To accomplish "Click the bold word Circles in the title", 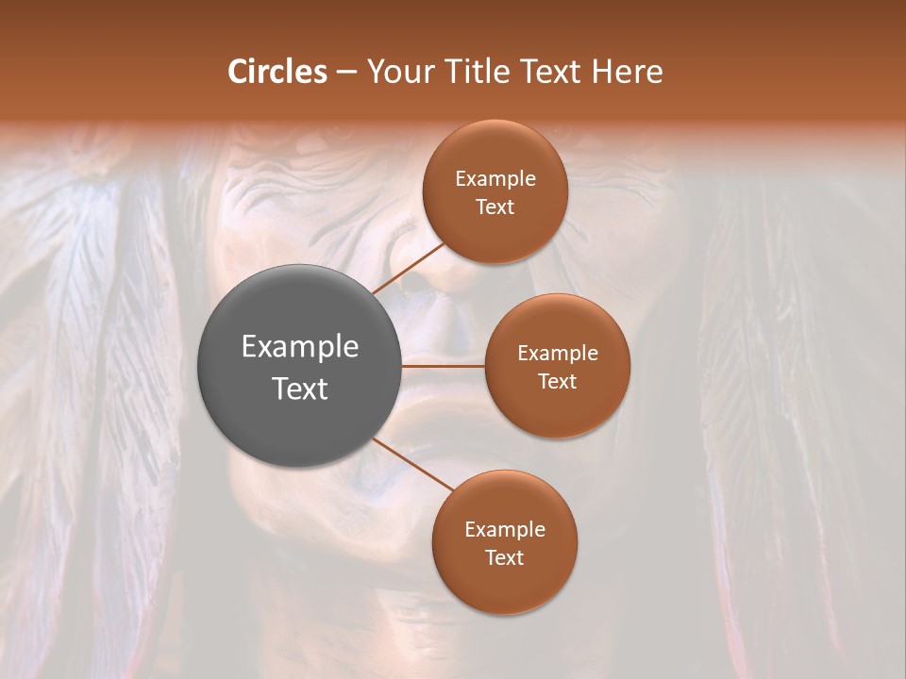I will click(x=277, y=72).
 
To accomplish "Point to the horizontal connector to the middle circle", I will click(x=443, y=366).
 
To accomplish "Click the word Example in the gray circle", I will click(x=299, y=346).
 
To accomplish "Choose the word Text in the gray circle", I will click(x=299, y=389).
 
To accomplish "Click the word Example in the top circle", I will click(x=495, y=178).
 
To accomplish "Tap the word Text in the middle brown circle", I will click(x=557, y=381).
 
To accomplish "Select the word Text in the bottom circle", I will click(x=504, y=557).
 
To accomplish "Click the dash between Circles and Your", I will click(x=346, y=72).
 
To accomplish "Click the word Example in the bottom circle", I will click(x=504, y=529).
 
